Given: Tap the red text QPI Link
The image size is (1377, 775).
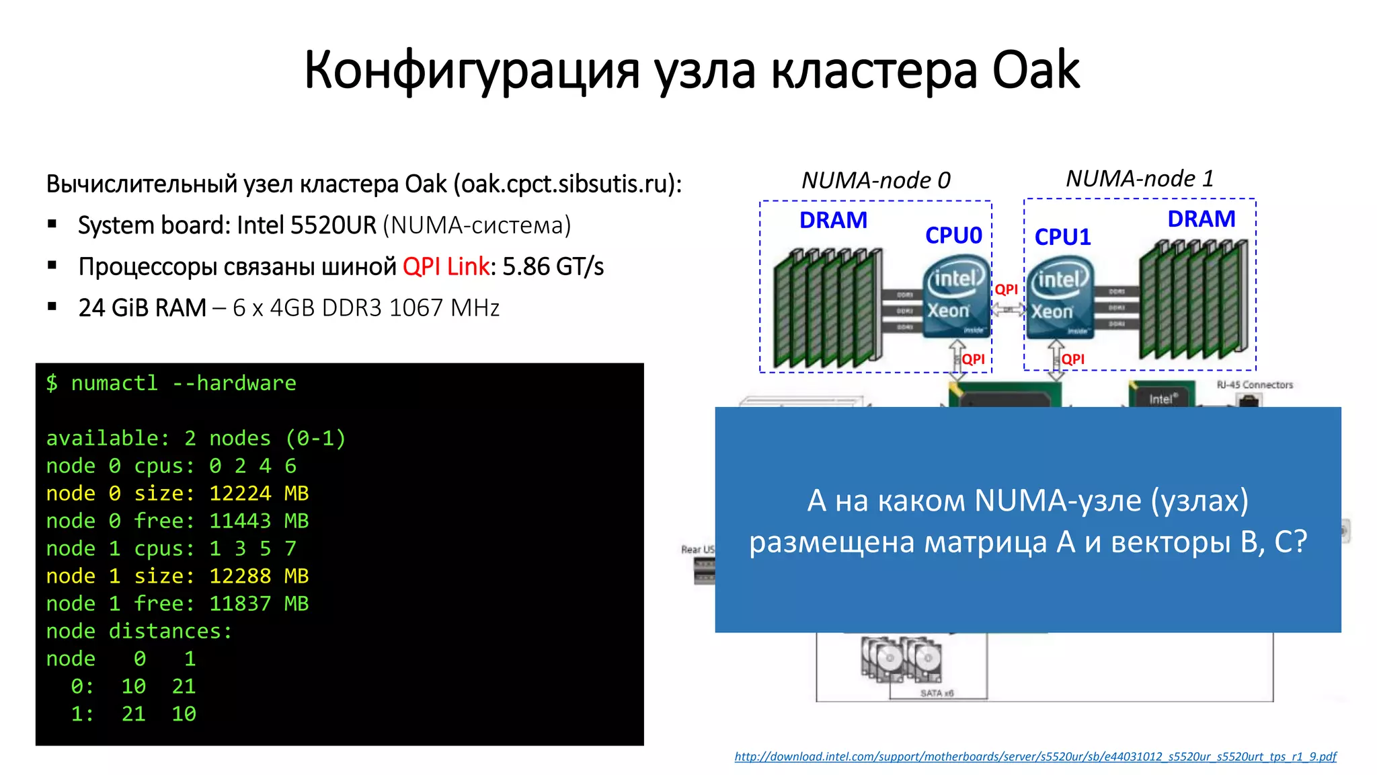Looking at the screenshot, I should tap(446, 267).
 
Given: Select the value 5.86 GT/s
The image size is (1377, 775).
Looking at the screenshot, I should tap(553, 267).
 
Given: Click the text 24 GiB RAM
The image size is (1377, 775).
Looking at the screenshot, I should tap(142, 308).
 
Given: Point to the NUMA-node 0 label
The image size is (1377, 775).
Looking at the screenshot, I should tap(875, 180).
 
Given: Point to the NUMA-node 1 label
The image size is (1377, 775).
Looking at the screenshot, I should tap(1140, 178).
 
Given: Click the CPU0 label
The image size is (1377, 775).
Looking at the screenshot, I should tap(953, 235).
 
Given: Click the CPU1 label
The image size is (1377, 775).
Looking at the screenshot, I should tap(1062, 237).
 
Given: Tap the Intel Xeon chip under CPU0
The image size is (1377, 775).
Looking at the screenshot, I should tap(955, 296).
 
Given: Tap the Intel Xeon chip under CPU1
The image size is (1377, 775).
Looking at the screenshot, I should tap(1059, 297).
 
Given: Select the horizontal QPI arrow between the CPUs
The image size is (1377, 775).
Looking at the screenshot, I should tap(1007, 309).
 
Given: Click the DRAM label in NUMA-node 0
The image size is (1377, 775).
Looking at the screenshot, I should tap(833, 220).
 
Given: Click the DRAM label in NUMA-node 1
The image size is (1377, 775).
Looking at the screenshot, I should tap(1201, 219).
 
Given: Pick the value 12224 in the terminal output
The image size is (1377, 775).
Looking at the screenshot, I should tap(240, 494).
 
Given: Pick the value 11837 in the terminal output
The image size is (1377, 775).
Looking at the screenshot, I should tap(240, 604).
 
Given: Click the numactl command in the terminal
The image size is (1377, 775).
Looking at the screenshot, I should tap(114, 383).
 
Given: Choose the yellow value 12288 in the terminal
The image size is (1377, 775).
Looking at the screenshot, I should tap(240, 577).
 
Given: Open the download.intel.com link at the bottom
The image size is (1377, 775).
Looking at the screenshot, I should tap(1035, 757).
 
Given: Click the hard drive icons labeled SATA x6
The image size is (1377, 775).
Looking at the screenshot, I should tap(901, 659).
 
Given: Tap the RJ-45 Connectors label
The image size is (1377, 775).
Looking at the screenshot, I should tap(1255, 385).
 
